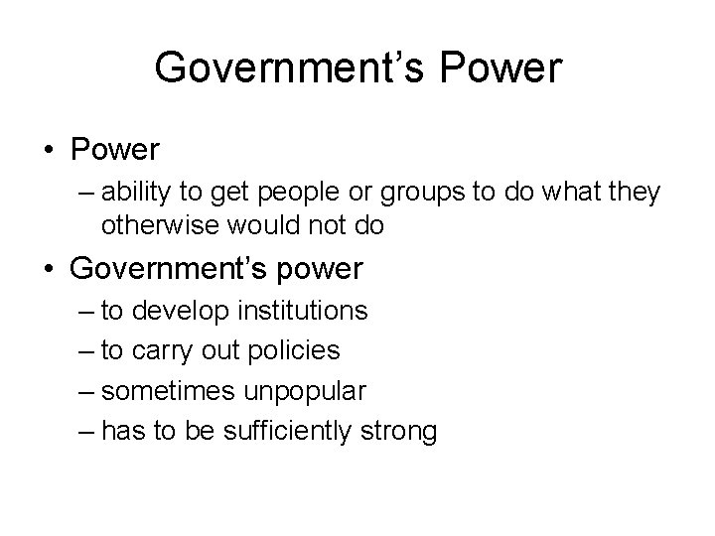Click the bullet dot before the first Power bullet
(x=47, y=150)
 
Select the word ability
(x=135, y=192)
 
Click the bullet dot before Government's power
(x=47, y=269)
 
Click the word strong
(x=403, y=431)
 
